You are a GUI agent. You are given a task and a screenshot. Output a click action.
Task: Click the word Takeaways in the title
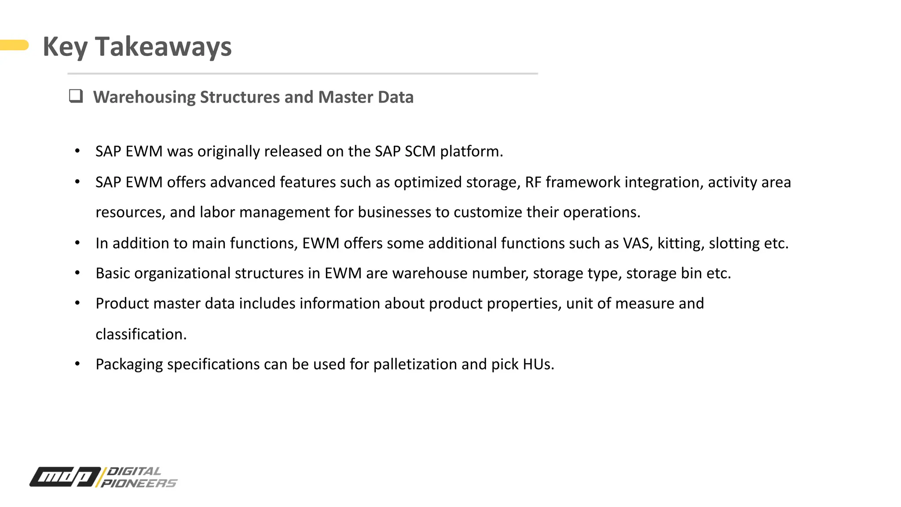point(163,47)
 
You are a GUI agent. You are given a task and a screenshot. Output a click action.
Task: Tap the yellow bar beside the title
point(15,45)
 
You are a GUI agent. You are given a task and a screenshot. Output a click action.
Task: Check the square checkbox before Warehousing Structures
point(76,96)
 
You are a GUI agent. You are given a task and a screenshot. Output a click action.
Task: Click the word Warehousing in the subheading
point(144,97)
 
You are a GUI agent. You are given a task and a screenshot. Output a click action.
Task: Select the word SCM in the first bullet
point(420,151)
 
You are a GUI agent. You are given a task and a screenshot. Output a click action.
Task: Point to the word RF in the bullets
point(533,182)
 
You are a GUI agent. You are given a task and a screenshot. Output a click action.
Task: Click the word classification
point(141,334)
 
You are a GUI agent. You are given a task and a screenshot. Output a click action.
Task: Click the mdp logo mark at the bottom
point(65,477)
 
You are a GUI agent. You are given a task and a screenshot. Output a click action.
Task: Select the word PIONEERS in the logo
point(139,483)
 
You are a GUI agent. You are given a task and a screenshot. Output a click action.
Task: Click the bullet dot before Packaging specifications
point(77,364)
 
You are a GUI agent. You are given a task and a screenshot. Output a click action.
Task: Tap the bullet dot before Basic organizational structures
point(77,273)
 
